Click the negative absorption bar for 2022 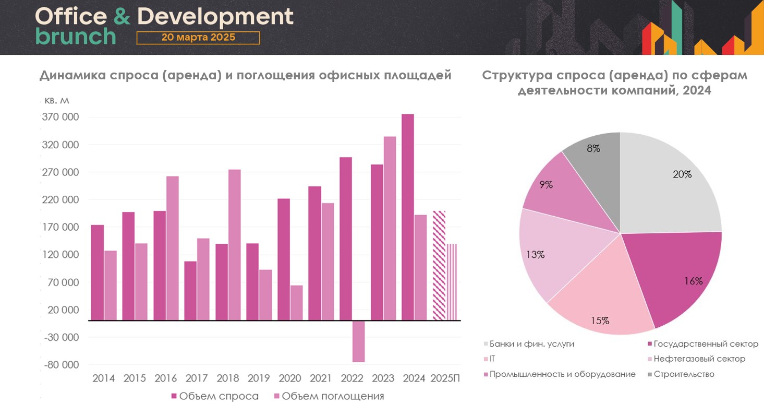(358, 341)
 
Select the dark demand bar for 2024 (408, 217)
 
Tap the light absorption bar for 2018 (234, 244)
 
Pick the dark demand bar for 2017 (190, 290)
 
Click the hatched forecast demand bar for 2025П (439, 265)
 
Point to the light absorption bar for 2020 (296, 303)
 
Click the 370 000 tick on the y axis (60, 117)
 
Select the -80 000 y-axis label (61, 365)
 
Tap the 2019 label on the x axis (259, 378)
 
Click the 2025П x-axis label (445, 378)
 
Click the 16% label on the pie (694, 281)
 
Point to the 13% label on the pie (535, 255)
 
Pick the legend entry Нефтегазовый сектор (699, 359)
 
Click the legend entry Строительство (683, 374)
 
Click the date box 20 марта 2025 (198, 38)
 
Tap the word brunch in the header (76, 37)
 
